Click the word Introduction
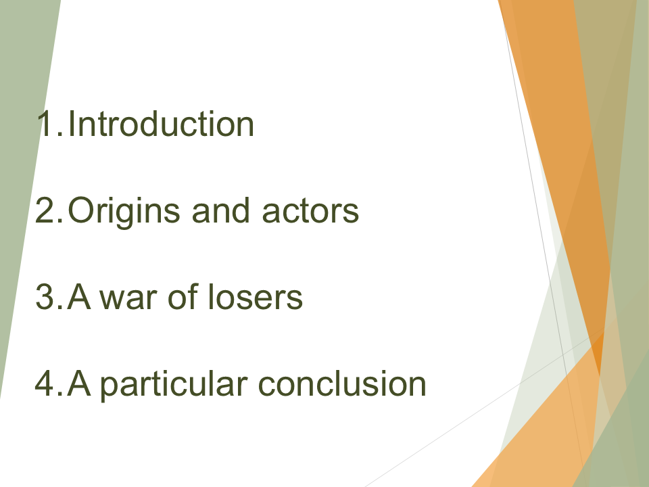coord(161,124)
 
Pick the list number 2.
coord(47,211)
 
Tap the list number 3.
coord(47,298)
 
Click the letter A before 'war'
coord(79,298)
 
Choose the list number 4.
coord(47,384)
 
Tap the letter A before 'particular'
coord(79,384)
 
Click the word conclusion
coord(343,384)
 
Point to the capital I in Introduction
coord(72,124)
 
